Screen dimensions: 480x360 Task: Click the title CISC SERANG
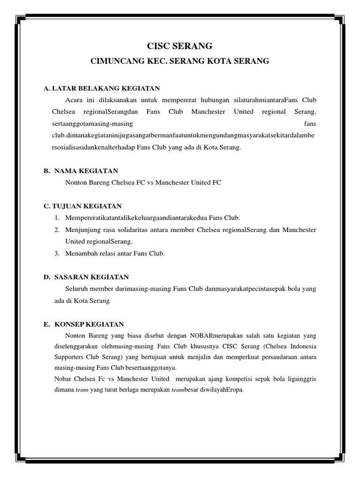[x=180, y=46]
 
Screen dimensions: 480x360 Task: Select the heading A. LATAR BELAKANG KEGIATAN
[x=102, y=88]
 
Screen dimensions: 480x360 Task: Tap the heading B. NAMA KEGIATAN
[x=81, y=171]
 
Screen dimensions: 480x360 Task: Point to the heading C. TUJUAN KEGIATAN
[x=82, y=206]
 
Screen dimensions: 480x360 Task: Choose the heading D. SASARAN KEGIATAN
[x=86, y=277]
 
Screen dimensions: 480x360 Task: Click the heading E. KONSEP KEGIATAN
[x=83, y=324]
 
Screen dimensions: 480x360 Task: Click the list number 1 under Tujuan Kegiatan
[x=56, y=218]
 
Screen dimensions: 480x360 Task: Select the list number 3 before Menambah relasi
[x=56, y=254]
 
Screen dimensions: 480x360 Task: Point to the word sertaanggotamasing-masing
[x=92, y=124]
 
